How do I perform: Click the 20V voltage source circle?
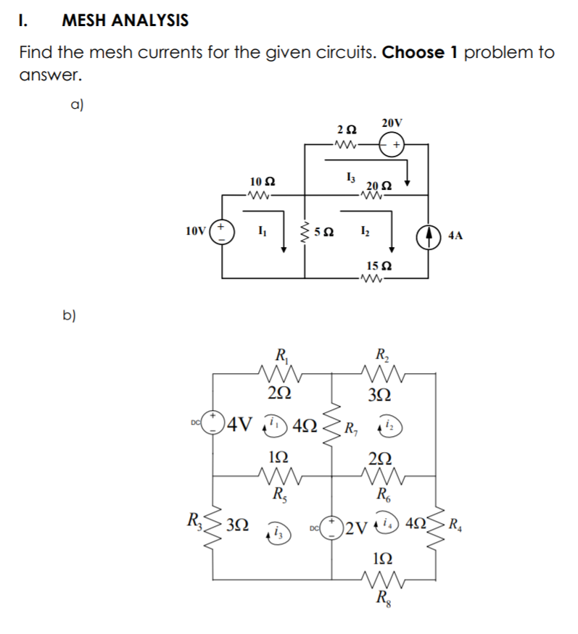[395, 145]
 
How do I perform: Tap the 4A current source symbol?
[427, 235]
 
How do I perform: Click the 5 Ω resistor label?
[328, 233]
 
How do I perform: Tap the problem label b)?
[70, 316]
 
